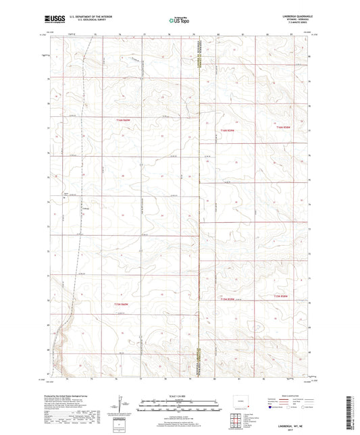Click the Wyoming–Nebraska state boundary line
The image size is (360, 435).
click(x=201, y=203)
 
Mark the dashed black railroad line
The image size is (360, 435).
click(x=80, y=203)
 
